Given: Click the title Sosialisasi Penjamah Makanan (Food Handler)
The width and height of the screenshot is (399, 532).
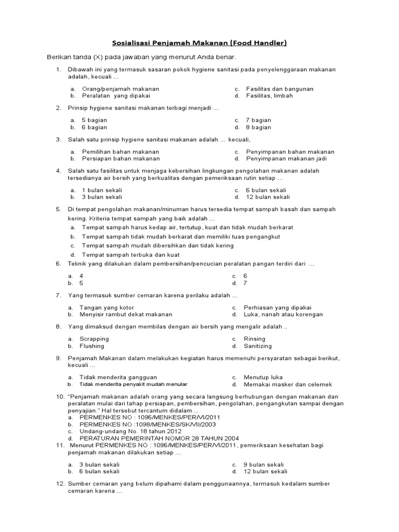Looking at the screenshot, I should coord(199,43).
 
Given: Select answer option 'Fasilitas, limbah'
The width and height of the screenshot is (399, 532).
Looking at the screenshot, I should coord(269,96).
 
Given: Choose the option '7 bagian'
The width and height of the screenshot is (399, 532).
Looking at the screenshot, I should coord(258,120).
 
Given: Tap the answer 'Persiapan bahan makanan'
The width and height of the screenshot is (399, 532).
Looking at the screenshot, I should coord(121,158).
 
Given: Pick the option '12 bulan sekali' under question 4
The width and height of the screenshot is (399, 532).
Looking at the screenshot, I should coord(268,197).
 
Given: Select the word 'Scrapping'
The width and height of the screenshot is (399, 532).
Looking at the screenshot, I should coord(94,339).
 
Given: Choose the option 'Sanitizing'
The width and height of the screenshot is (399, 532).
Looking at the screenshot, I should coord(258,346).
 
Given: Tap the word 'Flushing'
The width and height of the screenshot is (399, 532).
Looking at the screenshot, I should coord(92,346).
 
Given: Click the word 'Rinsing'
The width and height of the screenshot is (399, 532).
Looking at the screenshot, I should coord(255,339).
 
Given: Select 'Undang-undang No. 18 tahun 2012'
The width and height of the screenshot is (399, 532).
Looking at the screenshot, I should coord(130,431).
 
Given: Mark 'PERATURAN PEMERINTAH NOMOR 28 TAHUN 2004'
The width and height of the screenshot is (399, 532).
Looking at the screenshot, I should coord(154,438).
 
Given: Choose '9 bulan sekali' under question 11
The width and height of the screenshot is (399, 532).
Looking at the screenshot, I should coord(263,464).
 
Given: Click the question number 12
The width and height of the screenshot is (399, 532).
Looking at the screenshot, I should coord(59,484).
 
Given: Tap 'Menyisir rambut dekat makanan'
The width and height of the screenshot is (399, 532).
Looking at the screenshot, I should coord(126,314).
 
